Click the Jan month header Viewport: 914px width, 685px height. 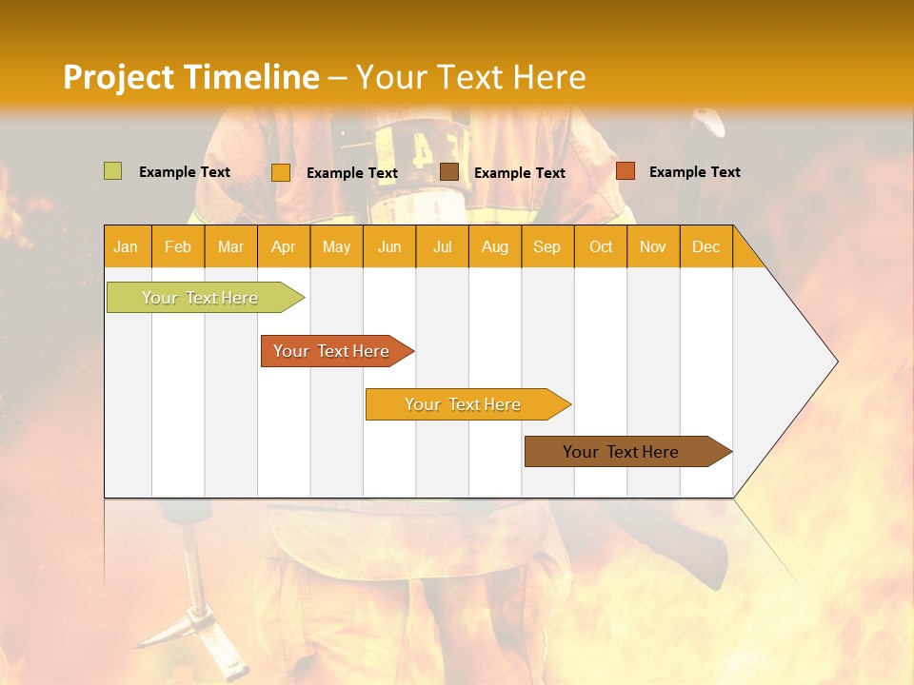click(126, 247)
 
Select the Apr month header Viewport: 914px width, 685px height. click(284, 247)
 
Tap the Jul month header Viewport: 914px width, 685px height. click(442, 247)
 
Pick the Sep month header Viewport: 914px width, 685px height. click(546, 247)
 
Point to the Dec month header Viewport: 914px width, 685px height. click(705, 247)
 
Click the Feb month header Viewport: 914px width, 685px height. click(178, 247)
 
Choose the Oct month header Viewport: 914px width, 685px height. click(601, 247)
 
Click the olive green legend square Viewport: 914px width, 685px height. click(112, 171)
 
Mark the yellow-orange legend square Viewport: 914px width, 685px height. click(280, 172)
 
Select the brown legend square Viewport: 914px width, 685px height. click(449, 172)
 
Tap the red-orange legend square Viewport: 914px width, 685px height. click(625, 171)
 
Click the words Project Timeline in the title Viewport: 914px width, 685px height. click(190, 77)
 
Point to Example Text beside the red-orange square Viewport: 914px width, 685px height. click(694, 172)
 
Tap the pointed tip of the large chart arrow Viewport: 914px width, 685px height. click(835, 362)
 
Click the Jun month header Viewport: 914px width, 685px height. click(389, 247)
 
